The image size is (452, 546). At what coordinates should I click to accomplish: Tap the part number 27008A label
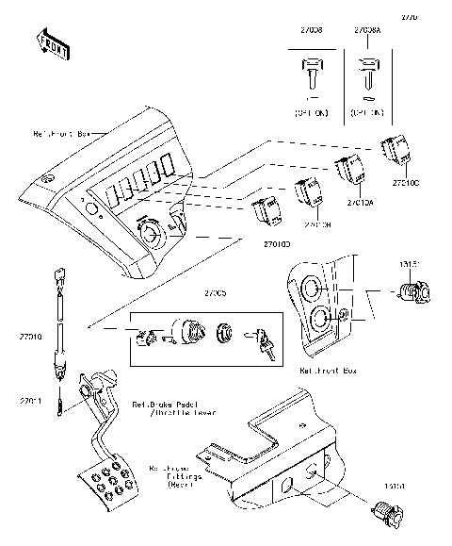(368, 31)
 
